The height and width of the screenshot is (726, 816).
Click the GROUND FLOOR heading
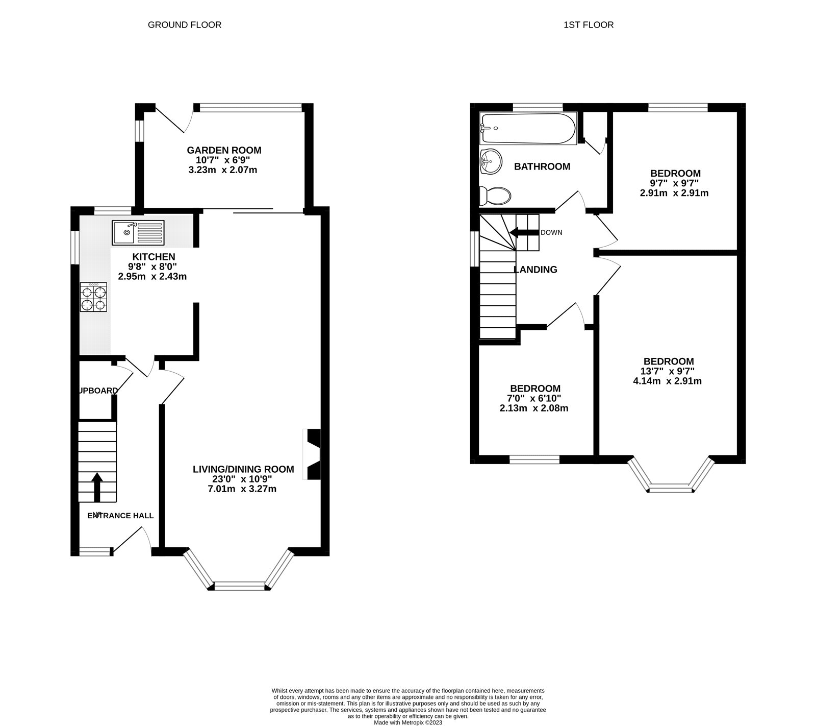click(184, 25)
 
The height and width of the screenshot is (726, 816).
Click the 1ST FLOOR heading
click(588, 25)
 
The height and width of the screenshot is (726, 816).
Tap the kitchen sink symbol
click(138, 232)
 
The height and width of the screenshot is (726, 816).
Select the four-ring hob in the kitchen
click(93, 298)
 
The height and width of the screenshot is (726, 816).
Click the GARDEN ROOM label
click(224, 150)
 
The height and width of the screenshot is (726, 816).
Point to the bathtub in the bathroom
click(528, 128)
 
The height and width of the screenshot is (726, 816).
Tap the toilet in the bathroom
click(495, 196)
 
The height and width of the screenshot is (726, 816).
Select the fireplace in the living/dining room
click(312, 454)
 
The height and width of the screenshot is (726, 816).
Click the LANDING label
click(535, 270)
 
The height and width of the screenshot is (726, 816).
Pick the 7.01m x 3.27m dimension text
click(243, 489)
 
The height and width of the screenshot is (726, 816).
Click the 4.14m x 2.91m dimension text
click(668, 381)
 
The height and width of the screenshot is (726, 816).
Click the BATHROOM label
click(542, 166)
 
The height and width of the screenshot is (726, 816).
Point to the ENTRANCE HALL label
click(120, 516)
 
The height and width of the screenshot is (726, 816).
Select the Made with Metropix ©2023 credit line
click(407, 722)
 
